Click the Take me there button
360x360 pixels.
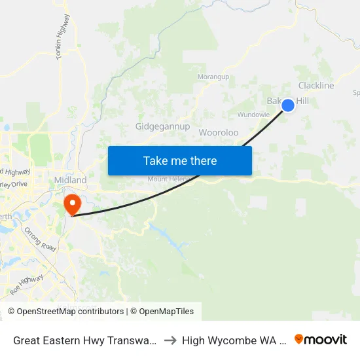[180, 160]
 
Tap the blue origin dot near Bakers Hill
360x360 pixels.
[287, 105]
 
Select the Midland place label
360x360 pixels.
[70, 179]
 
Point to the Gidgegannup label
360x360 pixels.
[162, 126]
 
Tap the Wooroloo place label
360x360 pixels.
[219, 132]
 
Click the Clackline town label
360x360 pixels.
[316, 86]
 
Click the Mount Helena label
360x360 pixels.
[167, 179]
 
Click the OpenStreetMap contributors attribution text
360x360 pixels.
[65, 312]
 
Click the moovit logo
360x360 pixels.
[321, 339]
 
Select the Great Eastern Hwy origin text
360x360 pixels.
[85, 340]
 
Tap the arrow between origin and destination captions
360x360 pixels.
[170, 340]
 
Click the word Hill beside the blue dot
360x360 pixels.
[302, 101]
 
